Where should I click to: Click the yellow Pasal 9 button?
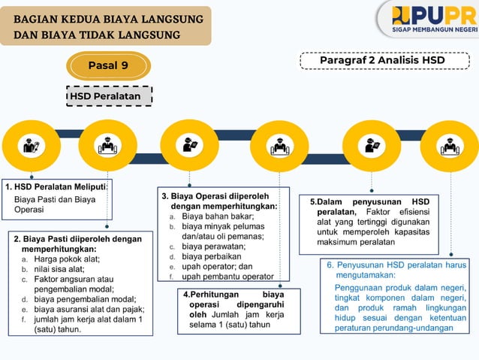click(x=108, y=65)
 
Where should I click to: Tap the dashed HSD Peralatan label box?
click(x=109, y=96)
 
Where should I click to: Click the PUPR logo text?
click(x=434, y=15)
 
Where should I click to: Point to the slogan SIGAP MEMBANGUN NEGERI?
click(x=435, y=31)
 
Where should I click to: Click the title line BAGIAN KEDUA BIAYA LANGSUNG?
click(x=108, y=18)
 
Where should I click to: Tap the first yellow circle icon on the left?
click(x=32, y=146)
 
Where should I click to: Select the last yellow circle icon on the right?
click(x=449, y=146)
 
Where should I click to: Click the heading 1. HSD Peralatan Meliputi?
click(x=57, y=186)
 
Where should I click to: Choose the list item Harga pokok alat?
click(x=67, y=259)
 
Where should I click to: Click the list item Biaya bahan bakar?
click(x=218, y=216)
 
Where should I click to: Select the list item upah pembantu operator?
click(x=227, y=276)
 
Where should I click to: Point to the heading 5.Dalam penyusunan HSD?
click(x=369, y=202)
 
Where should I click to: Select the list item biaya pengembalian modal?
click(x=84, y=298)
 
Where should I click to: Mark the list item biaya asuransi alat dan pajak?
click(x=89, y=309)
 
